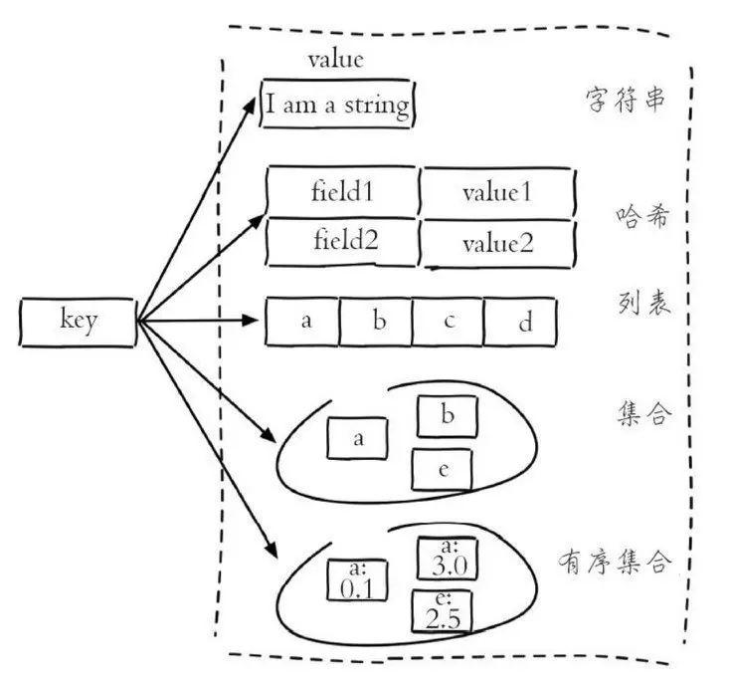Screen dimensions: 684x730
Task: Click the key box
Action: (77, 323)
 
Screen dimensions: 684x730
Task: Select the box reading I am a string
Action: (335, 105)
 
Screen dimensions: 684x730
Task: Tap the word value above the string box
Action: (335, 59)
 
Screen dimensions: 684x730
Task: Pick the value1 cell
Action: (497, 192)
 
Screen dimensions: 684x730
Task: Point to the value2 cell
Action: (498, 243)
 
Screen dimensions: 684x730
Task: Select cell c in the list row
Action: (449, 322)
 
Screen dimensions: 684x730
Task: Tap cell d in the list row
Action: (520, 324)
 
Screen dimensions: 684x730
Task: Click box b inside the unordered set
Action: (447, 417)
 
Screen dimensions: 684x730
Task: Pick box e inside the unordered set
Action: (445, 469)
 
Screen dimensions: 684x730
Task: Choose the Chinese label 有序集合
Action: (615, 562)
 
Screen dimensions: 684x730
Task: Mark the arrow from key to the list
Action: (199, 322)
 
